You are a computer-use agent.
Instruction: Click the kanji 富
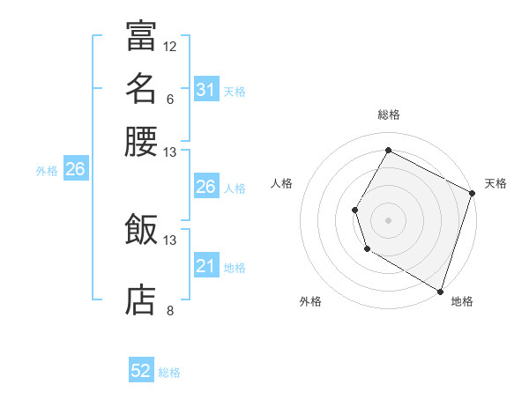click(141, 36)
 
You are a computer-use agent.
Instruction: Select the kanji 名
click(141, 88)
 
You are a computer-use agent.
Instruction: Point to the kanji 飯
click(141, 229)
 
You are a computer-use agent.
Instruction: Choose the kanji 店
click(141, 299)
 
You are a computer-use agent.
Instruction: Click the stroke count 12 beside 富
click(170, 46)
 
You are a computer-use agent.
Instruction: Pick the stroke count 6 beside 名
click(170, 98)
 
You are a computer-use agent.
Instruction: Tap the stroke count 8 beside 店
click(170, 309)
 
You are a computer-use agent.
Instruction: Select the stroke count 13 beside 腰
click(170, 152)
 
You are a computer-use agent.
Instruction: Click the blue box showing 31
click(205, 90)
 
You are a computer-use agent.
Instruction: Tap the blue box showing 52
click(141, 372)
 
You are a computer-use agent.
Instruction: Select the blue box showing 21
click(205, 267)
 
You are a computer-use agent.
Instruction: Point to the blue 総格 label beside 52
click(169, 373)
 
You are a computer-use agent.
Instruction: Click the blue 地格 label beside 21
click(235, 268)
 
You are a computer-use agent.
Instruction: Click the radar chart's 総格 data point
click(388, 150)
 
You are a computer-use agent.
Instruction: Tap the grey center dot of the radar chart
click(388, 219)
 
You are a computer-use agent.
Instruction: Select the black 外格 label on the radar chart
click(310, 302)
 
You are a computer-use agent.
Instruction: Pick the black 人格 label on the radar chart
click(282, 183)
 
